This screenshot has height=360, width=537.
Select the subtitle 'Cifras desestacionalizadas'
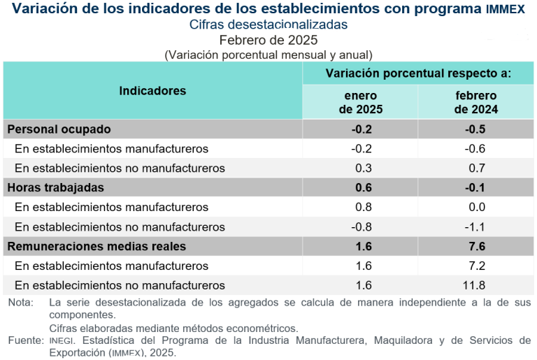click(x=268, y=24)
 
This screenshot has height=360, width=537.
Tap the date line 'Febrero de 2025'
click(x=268, y=40)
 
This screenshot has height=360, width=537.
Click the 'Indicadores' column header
click(x=152, y=91)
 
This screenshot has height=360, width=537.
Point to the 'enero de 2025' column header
click(x=361, y=102)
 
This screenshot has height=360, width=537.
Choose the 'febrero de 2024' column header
click(x=475, y=102)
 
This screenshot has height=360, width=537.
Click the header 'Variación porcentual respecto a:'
click(x=418, y=73)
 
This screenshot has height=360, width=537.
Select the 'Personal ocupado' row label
click(x=59, y=129)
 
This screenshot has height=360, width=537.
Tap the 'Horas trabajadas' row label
click(x=55, y=187)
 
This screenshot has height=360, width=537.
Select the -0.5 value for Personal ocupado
click(x=475, y=129)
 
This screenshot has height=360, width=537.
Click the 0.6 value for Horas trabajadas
click(x=362, y=187)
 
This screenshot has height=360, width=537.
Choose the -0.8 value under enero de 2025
click(x=361, y=226)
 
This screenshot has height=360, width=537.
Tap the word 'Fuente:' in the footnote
click(x=25, y=340)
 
